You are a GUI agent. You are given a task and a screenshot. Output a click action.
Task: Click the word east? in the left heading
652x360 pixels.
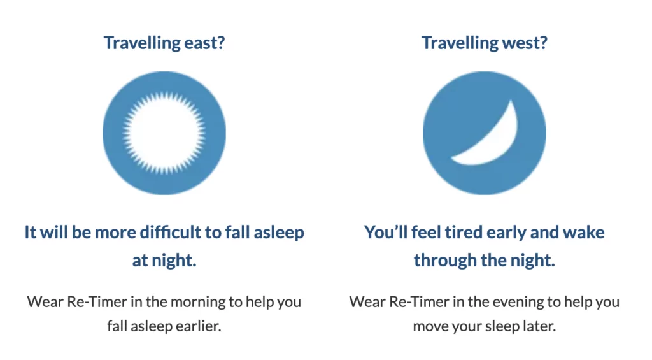(204, 43)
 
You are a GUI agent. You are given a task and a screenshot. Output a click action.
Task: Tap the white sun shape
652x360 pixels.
(164, 133)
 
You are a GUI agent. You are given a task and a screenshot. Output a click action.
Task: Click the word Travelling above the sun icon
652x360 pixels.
(142, 43)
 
